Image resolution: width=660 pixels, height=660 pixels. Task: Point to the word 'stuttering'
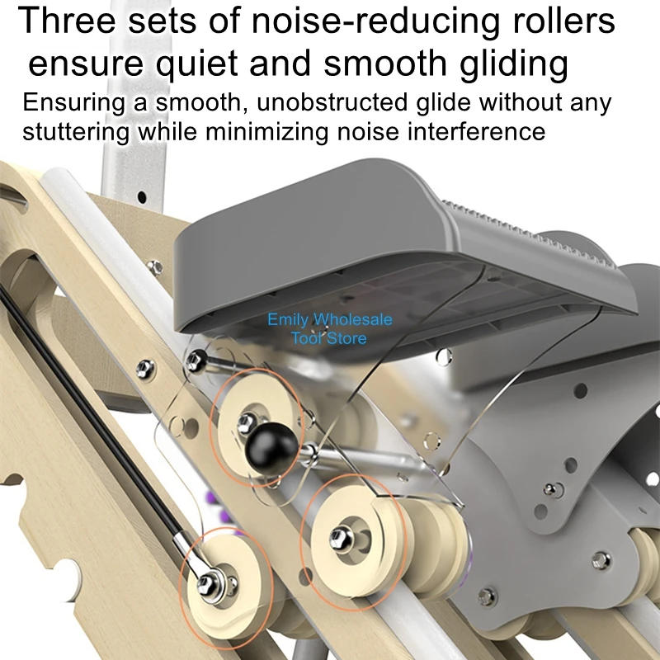tap(76, 132)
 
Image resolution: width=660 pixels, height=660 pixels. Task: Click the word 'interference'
tap(477, 131)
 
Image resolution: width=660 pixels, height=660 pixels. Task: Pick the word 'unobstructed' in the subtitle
tap(332, 102)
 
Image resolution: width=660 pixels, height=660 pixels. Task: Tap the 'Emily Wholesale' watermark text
tap(329, 319)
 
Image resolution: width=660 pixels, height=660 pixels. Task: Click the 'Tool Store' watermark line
tap(328, 338)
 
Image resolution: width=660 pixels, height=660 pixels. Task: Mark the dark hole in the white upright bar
tap(142, 196)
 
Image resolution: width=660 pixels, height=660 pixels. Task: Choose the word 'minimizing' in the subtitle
tap(266, 131)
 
